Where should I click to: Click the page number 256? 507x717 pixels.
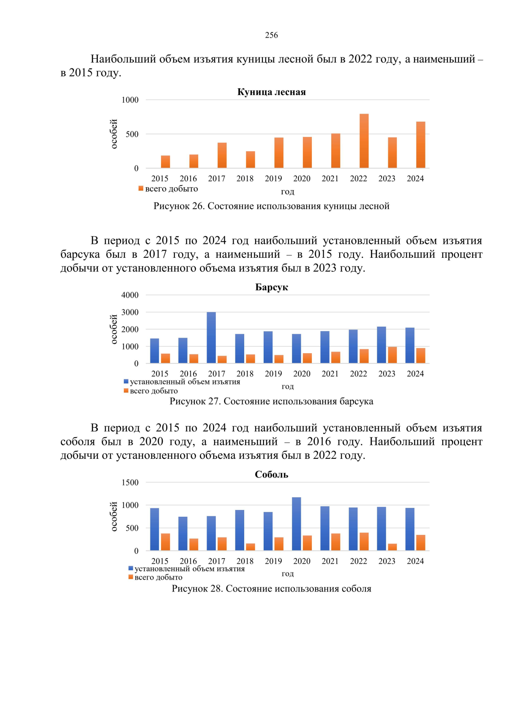[271, 35]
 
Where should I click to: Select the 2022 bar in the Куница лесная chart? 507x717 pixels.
[364, 141]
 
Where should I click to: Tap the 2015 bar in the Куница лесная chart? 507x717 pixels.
[165, 162]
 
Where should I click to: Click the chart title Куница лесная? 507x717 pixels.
[271, 92]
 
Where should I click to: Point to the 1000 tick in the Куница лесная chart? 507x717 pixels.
[130, 100]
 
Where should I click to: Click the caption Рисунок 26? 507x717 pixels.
[271, 206]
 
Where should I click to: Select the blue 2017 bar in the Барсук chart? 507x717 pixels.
[211, 338]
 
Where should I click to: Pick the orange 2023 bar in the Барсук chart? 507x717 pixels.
[393, 355]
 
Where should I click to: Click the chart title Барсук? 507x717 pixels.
[271, 287]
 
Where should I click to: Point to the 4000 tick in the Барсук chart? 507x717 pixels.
[130, 295]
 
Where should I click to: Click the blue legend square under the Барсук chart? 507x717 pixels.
[126, 382]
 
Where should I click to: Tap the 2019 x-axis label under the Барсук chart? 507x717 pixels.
[273, 373]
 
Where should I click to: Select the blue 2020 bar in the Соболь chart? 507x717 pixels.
[296, 524]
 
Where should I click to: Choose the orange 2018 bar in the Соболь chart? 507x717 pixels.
[251, 547]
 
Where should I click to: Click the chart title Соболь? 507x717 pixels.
[271, 474]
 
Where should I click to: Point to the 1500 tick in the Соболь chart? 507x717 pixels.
[130, 483]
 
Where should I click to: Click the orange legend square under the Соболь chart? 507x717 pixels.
[131, 577]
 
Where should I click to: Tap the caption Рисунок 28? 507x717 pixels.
[271, 589]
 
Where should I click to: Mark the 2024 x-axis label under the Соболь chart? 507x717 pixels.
[415, 561]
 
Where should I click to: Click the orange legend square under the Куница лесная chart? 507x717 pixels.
[141, 188]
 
